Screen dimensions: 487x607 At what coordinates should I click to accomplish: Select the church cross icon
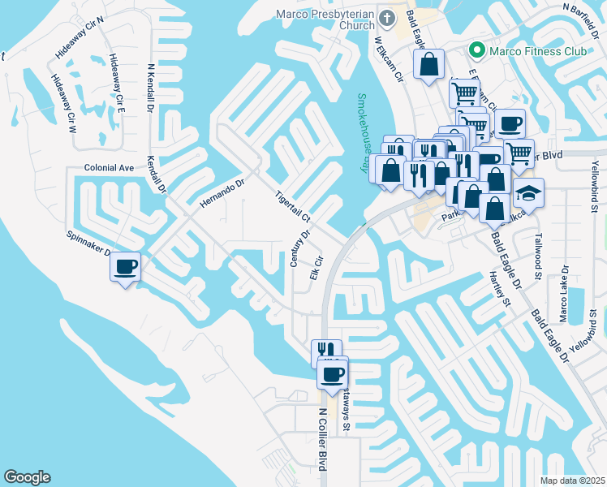(x=388, y=17)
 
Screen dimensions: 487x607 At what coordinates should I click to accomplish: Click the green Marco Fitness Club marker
(x=476, y=51)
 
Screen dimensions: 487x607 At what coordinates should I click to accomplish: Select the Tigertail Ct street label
(x=293, y=206)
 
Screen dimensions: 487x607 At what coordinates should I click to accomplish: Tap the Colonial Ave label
(x=108, y=168)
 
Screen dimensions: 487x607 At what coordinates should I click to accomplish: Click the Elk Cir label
(x=317, y=269)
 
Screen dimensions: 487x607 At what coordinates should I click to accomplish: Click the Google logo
(x=27, y=477)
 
